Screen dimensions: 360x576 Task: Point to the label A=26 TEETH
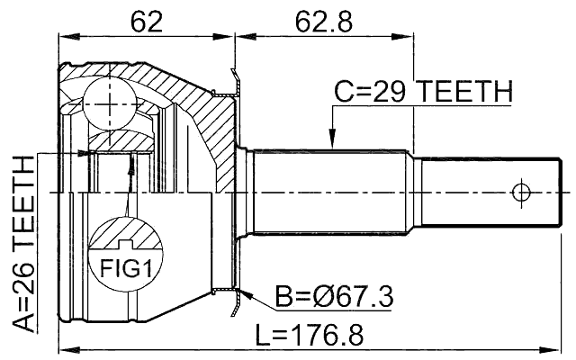tap(24, 244)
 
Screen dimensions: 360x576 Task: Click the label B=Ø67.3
tap(333, 296)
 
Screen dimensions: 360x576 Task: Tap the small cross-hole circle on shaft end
tap(519, 192)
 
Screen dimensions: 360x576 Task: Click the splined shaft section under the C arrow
tap(333, 192)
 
